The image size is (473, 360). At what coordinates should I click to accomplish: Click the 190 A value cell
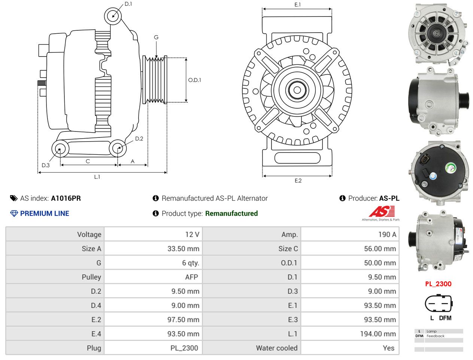[x=387, y=235]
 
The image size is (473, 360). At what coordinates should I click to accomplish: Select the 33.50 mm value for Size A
[x=183, y=249]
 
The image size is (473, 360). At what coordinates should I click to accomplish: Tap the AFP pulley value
[x=191, y=277]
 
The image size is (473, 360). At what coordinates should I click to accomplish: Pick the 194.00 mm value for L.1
[x=378, y=334]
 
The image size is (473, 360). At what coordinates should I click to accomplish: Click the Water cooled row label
[x=277, y=348]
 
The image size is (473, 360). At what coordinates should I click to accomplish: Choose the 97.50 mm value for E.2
[x=183, y=320]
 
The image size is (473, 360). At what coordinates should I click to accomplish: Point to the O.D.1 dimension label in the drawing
[x=194, y=80]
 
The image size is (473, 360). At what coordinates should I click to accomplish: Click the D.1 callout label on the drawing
[x=128, y=4]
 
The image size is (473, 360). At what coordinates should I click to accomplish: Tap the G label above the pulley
[x=156, y=37]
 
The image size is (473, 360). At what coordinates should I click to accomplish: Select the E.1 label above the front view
[x=297, y=4]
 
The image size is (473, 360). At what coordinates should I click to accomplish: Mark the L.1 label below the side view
[x=97, y=177]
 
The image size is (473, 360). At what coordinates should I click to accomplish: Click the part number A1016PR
[x=66, y=198]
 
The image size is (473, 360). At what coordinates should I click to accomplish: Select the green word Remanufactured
[x=231, y=214]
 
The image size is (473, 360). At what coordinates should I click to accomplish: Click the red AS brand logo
[x=382, y=212]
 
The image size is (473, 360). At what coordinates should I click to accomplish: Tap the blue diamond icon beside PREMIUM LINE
[x=14, y=214]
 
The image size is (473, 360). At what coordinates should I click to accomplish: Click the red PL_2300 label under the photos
[x=438, y=284]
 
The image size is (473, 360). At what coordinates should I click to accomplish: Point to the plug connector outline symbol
[x=439, y=303]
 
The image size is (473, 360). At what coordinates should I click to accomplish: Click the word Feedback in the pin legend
[x=435, y=336]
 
